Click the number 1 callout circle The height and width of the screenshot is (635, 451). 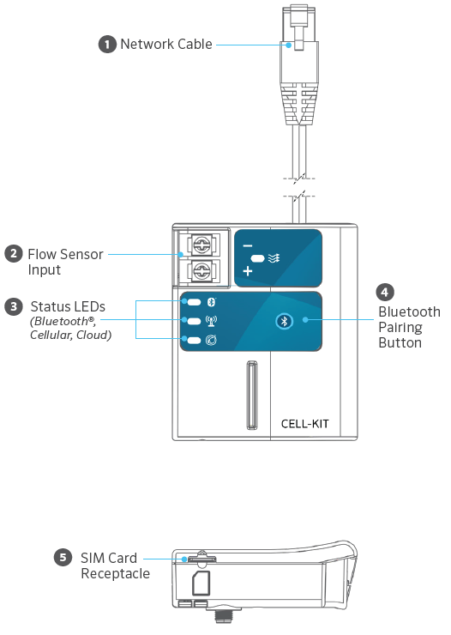coord(107,44)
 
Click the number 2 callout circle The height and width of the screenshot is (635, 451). coord(14,253)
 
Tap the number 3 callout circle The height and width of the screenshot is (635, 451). coord(14,306)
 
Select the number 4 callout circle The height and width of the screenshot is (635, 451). coord(385,292)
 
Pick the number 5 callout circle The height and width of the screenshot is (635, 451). coord(63,557)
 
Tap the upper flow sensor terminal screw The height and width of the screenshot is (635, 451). coord(201,245)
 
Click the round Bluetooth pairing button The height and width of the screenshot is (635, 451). coord(284,322)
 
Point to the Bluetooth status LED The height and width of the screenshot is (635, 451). coord(194,302)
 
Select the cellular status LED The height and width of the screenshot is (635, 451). coord(194,321)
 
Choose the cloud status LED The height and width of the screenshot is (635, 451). coord(194,340)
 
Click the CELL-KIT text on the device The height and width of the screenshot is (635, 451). coord(304,424)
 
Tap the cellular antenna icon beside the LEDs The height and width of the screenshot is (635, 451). coord(211,321)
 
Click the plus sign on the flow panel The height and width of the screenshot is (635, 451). coord(248,271)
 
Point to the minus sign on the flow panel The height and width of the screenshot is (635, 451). coord(248,245)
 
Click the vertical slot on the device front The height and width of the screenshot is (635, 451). coord(251,394)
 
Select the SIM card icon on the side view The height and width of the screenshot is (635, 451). coord(201,584)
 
